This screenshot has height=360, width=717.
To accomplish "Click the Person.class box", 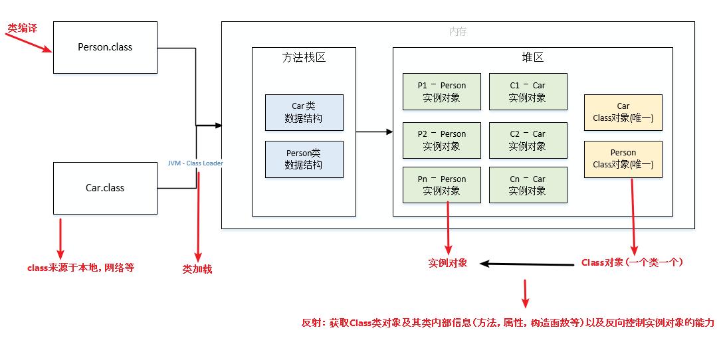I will (x=105, y=47).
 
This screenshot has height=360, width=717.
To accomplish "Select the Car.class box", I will (x=105, y=188).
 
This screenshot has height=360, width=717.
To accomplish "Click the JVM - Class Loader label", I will (x=195, y=163).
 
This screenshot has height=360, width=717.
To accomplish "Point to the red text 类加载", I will (x=197, y=270).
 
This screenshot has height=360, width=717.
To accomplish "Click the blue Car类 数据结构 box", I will (x=304, y=112).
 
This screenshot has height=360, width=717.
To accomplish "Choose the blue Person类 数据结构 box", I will (x=304, y=159).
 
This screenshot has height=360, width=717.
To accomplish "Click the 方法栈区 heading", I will (x=304, y=58).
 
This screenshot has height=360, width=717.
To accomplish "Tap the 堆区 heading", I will (x=532, y=58).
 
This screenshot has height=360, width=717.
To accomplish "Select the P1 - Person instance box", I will (x=441, y=92).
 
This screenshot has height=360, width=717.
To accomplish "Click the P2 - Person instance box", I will (x=441, y=140).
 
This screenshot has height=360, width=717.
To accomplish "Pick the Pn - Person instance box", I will (x=441, y=185).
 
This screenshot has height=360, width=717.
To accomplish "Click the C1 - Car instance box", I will (x=528, y=92).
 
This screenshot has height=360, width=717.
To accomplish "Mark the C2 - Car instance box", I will (x=528, y=140).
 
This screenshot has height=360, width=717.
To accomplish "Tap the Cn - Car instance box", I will (x=528, y=185).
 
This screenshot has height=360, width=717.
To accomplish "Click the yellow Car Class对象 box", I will (x=623, y=112).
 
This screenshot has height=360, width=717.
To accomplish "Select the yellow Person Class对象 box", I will (x=623, y=159).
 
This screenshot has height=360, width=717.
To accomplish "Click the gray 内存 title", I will (x=458, y=32).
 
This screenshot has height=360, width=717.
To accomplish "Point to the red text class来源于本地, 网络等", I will (x=80, y=268).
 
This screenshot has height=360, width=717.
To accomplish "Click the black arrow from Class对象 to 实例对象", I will (x=528, y=264).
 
